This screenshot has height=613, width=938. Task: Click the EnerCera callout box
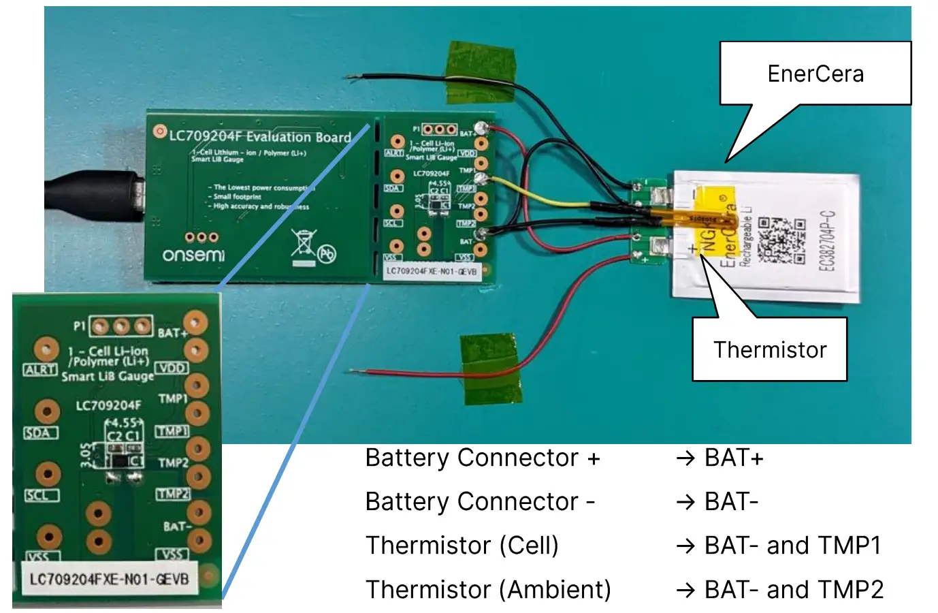click(x=815, y=74)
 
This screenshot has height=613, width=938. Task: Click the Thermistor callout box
click(x=769, y=349)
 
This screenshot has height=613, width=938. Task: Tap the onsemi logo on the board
click(x=193, y=255)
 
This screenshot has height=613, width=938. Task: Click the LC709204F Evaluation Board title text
click(x=259, y=136)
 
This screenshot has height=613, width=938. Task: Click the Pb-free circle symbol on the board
click(x=327, y=255)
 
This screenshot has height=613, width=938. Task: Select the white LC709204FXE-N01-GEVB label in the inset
click(x=109, y=580)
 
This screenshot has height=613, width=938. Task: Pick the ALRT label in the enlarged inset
click(x=40, y=370)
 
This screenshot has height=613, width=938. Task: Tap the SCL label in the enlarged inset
click(x=41, y=495)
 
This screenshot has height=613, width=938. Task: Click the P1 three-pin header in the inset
click(x=122, y=326)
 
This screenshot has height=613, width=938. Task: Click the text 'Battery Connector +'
click(x=482, y=458)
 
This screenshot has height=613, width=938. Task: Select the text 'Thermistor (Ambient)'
click(x=487, y=589)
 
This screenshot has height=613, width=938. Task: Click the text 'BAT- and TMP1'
click(x=792, y=546)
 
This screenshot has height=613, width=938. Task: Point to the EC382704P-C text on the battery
click(x=826, y=240)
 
